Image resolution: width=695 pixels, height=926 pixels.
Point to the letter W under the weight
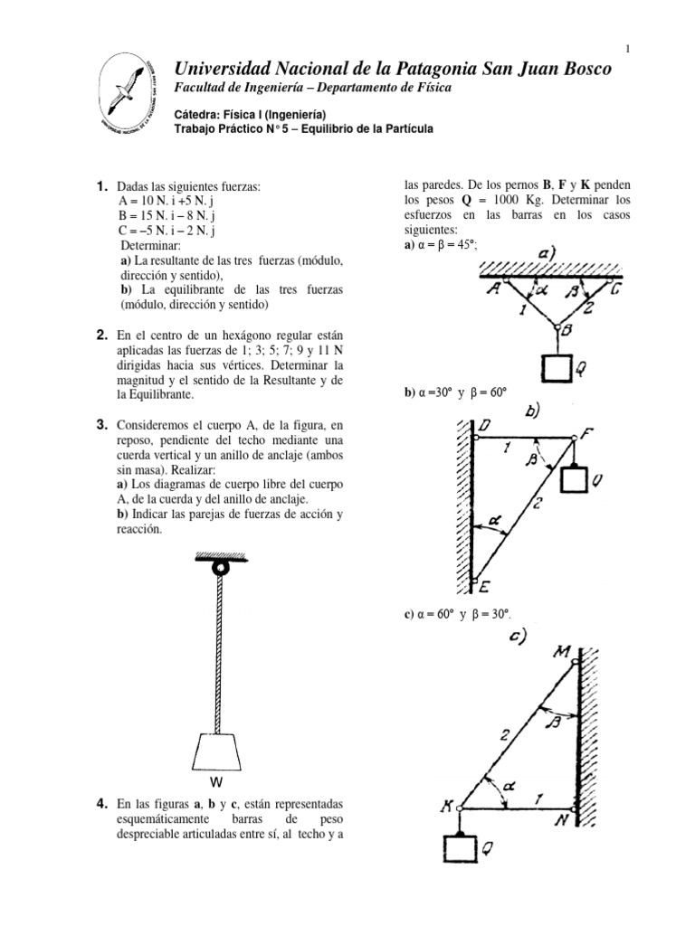click(x=217, y=781)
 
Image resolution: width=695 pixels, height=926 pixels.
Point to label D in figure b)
click(x=486, y=425)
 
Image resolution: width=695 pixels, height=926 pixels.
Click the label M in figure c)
click(x=563, y=652)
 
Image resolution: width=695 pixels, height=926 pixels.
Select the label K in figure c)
click(x=446, y=807)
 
